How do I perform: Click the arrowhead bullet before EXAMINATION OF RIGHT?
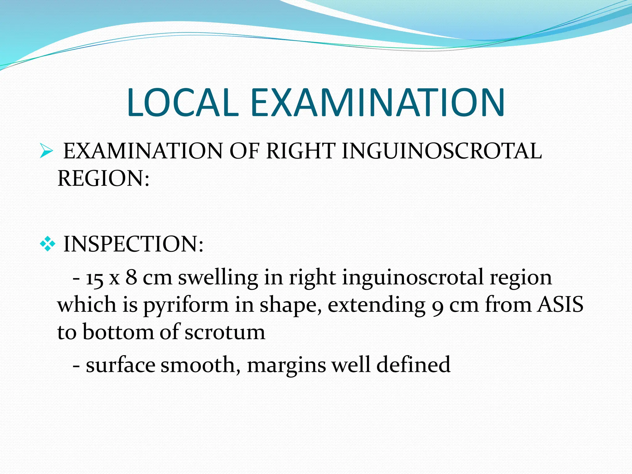pos(46,152)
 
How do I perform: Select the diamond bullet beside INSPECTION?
pos(48,245)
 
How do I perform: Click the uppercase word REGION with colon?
pos(103,178)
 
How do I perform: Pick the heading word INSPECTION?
pos(133,244)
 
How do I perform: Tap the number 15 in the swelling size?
pos(95,279)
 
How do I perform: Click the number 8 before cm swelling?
pos(131,277)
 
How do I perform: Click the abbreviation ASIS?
pos(560,305)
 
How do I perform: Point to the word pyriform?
pos(186,306)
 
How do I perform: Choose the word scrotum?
pos(225,332)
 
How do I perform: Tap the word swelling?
pos(218,278)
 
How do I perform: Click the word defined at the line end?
pos(414,365)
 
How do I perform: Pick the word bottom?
pos(118,332)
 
